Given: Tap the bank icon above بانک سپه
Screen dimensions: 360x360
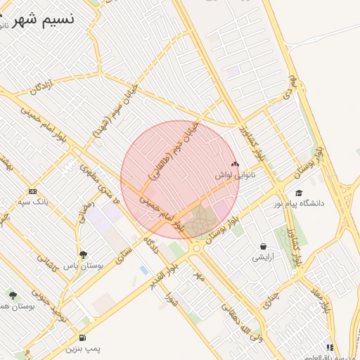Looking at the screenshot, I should pyautogui.click(x=32, y=191).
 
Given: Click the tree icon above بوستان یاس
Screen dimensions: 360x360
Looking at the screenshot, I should pyautogui.click(x=83, y=255).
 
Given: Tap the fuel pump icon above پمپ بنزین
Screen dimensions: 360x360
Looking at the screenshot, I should pyautogui.click(x=84, y=337).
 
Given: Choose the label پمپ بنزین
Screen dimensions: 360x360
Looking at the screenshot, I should pyautogui.click(x=84, y=349).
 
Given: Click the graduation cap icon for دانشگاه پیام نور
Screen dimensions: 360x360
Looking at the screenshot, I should pyautogui.click(x=299, y=193).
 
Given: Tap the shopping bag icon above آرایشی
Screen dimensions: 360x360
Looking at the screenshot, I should pyautogui.click(x=263, y=247).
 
